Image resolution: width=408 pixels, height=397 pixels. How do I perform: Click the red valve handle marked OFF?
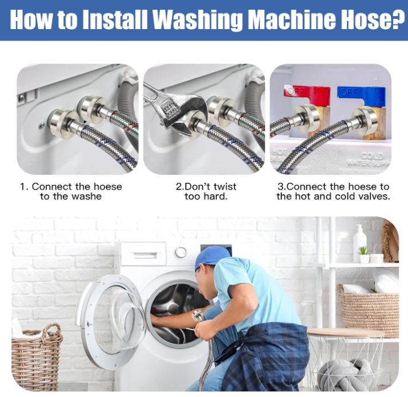point(307,94)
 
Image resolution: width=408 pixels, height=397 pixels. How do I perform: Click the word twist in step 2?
point(225,187)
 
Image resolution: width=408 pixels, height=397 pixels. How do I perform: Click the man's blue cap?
point(212,257)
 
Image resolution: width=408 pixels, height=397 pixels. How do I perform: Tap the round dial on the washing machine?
point(181,252)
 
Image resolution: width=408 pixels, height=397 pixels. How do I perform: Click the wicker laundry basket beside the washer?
point(36,357)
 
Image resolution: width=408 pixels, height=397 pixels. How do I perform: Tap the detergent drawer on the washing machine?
point(143,254)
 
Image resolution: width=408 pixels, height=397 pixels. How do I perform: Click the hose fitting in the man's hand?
point(198,316)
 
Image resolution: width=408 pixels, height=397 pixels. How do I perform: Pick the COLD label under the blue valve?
point(372,155)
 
